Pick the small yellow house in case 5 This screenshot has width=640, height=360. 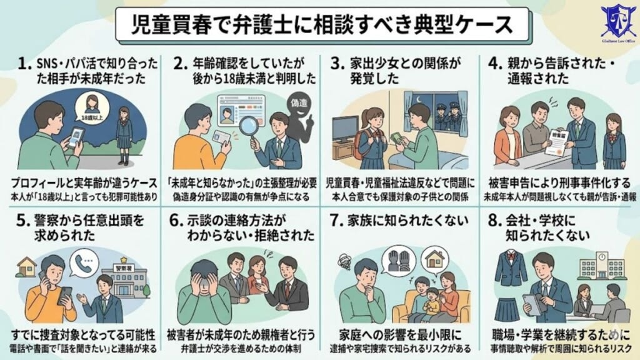[27, 267]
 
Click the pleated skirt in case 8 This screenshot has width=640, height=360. [508, 307]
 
